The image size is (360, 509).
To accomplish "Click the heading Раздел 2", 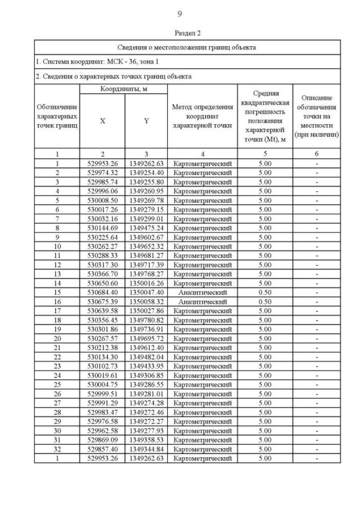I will coord(179,33).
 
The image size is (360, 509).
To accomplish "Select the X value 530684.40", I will coord(102,293).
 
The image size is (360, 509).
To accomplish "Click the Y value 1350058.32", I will coord(146,301).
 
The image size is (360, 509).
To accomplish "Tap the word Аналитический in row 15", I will coord(202,293).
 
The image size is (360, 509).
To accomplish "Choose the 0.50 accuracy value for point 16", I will coord(264,301).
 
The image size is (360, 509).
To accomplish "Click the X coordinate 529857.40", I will coord(102,449).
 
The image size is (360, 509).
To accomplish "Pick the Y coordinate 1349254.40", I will coord(146,172).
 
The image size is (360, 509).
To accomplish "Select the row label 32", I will coord(57,449).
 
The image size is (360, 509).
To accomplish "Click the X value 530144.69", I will coord(102,228).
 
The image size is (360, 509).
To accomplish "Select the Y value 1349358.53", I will coord(146,440).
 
